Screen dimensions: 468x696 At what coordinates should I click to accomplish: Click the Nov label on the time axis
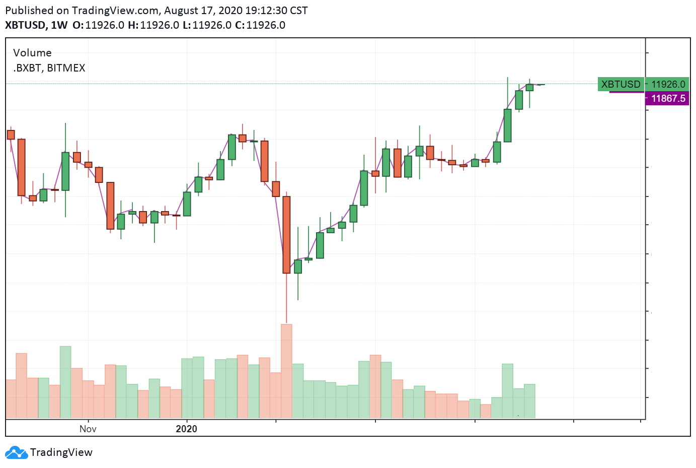point(88,429)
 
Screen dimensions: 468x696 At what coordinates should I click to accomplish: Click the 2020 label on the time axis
point(186,429)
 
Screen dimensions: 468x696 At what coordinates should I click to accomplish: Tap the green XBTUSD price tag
point(621,84)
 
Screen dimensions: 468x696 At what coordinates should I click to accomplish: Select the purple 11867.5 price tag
point(667,98)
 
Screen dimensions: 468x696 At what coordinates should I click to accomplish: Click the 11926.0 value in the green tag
point(668,84)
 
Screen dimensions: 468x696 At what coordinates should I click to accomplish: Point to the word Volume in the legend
point(32,53)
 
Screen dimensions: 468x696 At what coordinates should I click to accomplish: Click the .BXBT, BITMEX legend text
point(49,68)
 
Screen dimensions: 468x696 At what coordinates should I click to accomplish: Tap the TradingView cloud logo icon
point(16,452)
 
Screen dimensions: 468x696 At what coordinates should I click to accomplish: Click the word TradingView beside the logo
point(61,452)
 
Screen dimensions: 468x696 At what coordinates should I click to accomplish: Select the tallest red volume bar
point(286,371)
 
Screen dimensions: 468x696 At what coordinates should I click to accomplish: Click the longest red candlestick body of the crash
point(286,235)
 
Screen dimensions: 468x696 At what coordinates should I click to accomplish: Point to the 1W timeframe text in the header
point(59,25)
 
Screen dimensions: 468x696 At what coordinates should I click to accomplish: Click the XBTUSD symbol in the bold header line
point(25,25)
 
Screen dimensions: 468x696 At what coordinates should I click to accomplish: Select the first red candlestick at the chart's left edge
point(11,135)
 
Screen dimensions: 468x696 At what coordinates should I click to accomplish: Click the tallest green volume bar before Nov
point(65,382)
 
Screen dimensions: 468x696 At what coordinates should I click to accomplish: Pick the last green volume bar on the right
point(529,401)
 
